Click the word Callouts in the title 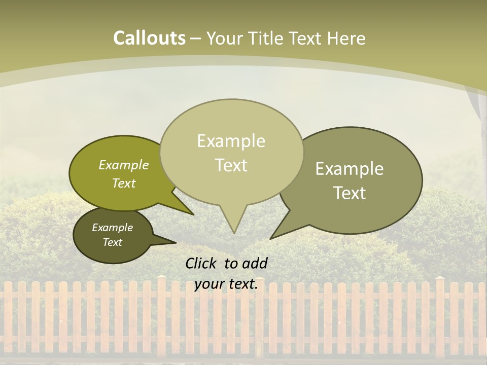149,38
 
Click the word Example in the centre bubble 231,141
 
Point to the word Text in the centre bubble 231,165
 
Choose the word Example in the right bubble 350,169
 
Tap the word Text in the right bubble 350,193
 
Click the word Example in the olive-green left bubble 124,165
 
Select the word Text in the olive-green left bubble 124,183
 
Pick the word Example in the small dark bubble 112,228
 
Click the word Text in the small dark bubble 112,242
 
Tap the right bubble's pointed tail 274,236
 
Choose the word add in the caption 255,263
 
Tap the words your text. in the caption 226,284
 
